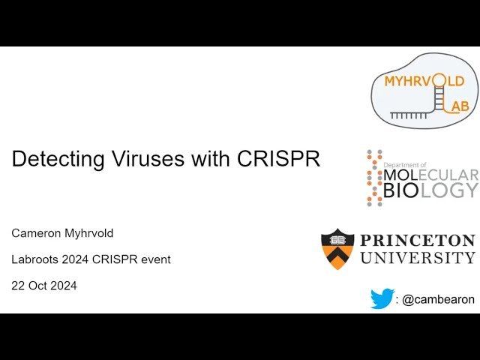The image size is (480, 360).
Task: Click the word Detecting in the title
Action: click(55, 159)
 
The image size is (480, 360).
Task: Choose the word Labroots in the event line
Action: click(34, 259)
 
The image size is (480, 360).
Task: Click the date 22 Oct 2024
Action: click(44, 285)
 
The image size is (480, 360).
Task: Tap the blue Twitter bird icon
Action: click(382, 298)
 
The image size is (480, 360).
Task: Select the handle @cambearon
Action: click(438, 299)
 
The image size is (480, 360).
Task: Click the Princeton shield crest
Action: click(337, 249)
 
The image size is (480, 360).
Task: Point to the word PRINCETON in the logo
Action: click(418, 241)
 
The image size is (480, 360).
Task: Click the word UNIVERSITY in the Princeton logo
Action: click(418, 258)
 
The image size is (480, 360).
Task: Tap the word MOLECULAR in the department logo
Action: click(430, 175)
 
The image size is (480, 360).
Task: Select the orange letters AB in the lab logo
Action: click(460, 106)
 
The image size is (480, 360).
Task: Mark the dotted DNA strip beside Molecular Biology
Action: click(374, 178)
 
